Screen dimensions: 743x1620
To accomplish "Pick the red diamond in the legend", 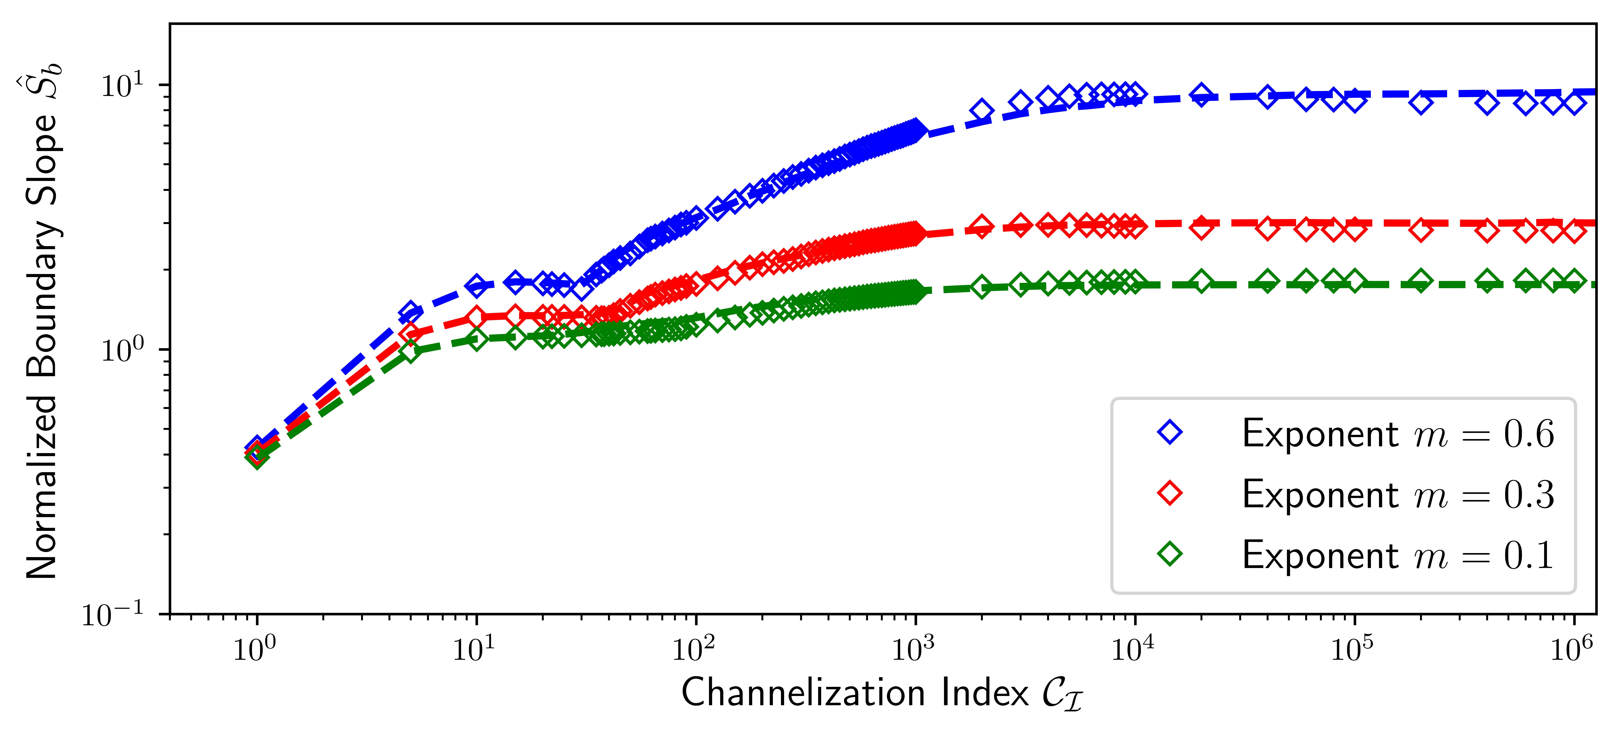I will pyautogui.click(x=1170, y=493).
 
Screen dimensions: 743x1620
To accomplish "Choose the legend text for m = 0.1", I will pyautogui.click(x=1397, y=555).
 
